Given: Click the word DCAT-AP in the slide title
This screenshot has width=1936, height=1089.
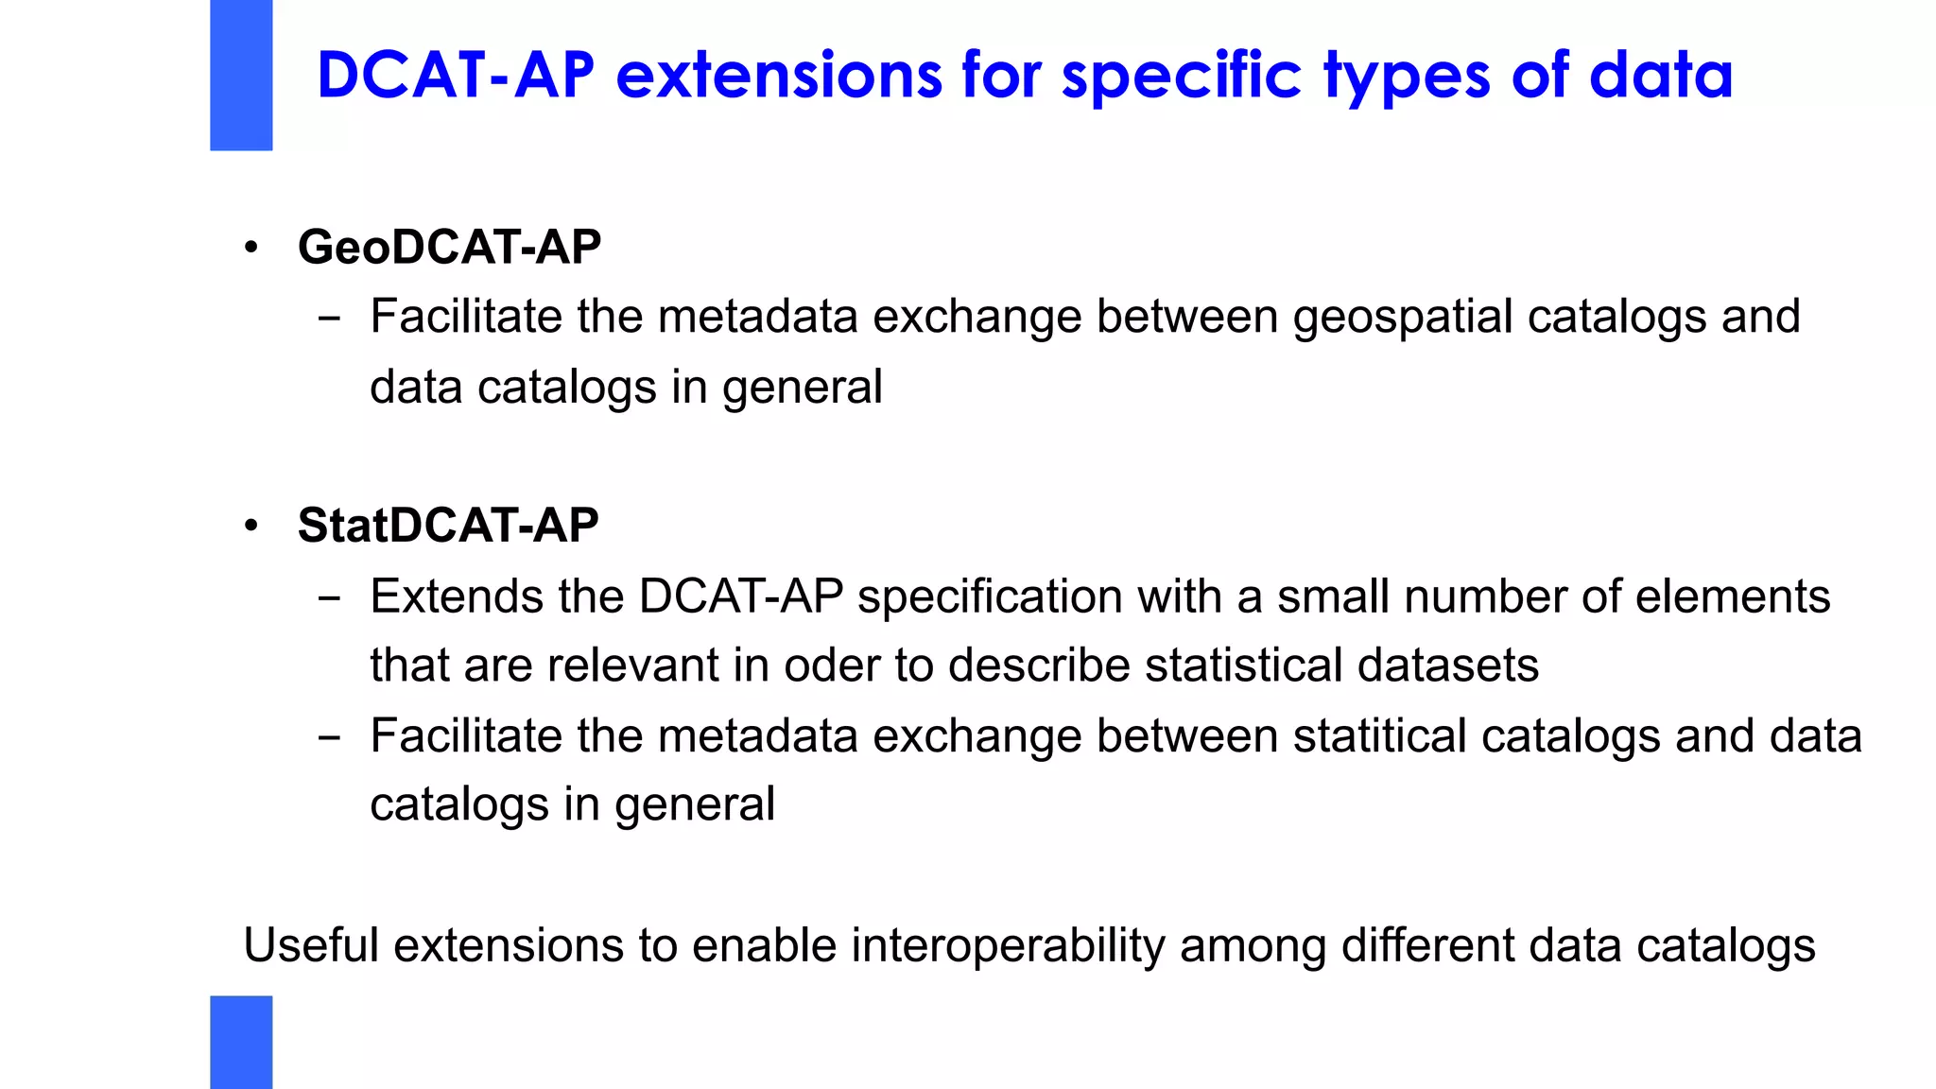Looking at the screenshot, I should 455,76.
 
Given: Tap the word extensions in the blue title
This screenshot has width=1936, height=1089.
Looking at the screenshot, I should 778,76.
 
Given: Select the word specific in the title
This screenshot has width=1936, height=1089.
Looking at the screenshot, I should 1181,76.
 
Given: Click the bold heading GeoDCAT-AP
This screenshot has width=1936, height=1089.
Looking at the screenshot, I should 449,248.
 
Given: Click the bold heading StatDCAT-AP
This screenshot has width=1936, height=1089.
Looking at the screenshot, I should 447,526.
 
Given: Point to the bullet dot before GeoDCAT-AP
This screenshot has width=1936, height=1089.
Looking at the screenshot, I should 251,249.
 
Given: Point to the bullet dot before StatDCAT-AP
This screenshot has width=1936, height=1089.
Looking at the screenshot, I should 251,526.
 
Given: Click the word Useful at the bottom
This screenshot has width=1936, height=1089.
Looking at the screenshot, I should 311,945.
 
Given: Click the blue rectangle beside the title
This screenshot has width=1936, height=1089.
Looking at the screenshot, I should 241,75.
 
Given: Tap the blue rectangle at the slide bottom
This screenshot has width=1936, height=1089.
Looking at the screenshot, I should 241,1042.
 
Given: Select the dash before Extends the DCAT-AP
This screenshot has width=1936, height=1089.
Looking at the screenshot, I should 329,598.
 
